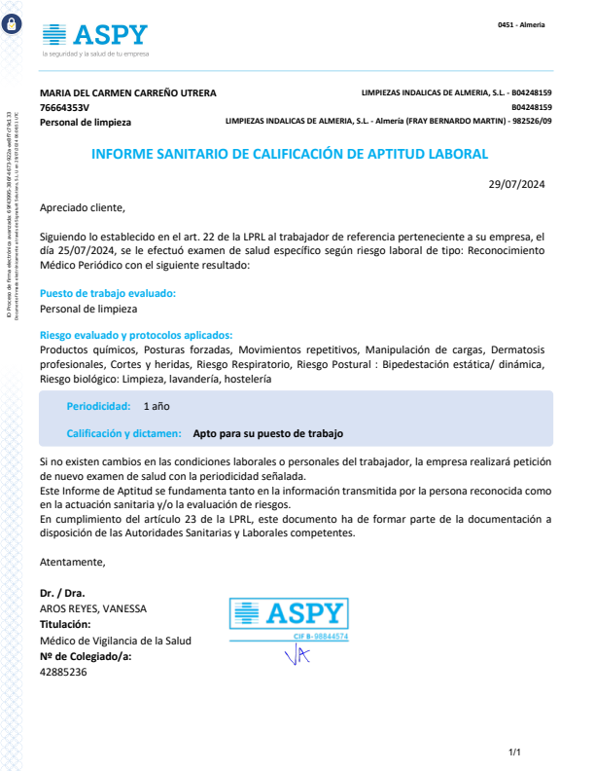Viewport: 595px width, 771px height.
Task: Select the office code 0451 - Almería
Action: tap(520, 24)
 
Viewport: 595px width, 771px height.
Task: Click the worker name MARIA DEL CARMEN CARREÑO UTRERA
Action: tap(128, 93)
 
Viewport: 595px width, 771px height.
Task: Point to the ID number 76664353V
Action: tap(64, 107)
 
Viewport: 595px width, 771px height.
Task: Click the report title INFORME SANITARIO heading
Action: tap(289, 154)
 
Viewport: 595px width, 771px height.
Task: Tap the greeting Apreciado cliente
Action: tap(83, 207)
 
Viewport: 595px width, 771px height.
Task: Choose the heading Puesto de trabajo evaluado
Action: tap(108, 293)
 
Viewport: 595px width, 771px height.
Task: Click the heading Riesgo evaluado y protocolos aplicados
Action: tap(136, 335)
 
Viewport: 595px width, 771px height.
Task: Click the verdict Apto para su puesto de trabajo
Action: tap(268, 434)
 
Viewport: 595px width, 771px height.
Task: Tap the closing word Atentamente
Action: tap(72, 562)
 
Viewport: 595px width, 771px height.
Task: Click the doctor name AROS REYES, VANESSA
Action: tap(93, 608)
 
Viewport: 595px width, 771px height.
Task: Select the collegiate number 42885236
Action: tap(63, 672)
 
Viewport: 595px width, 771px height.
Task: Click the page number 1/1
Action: tap(515, 753)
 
